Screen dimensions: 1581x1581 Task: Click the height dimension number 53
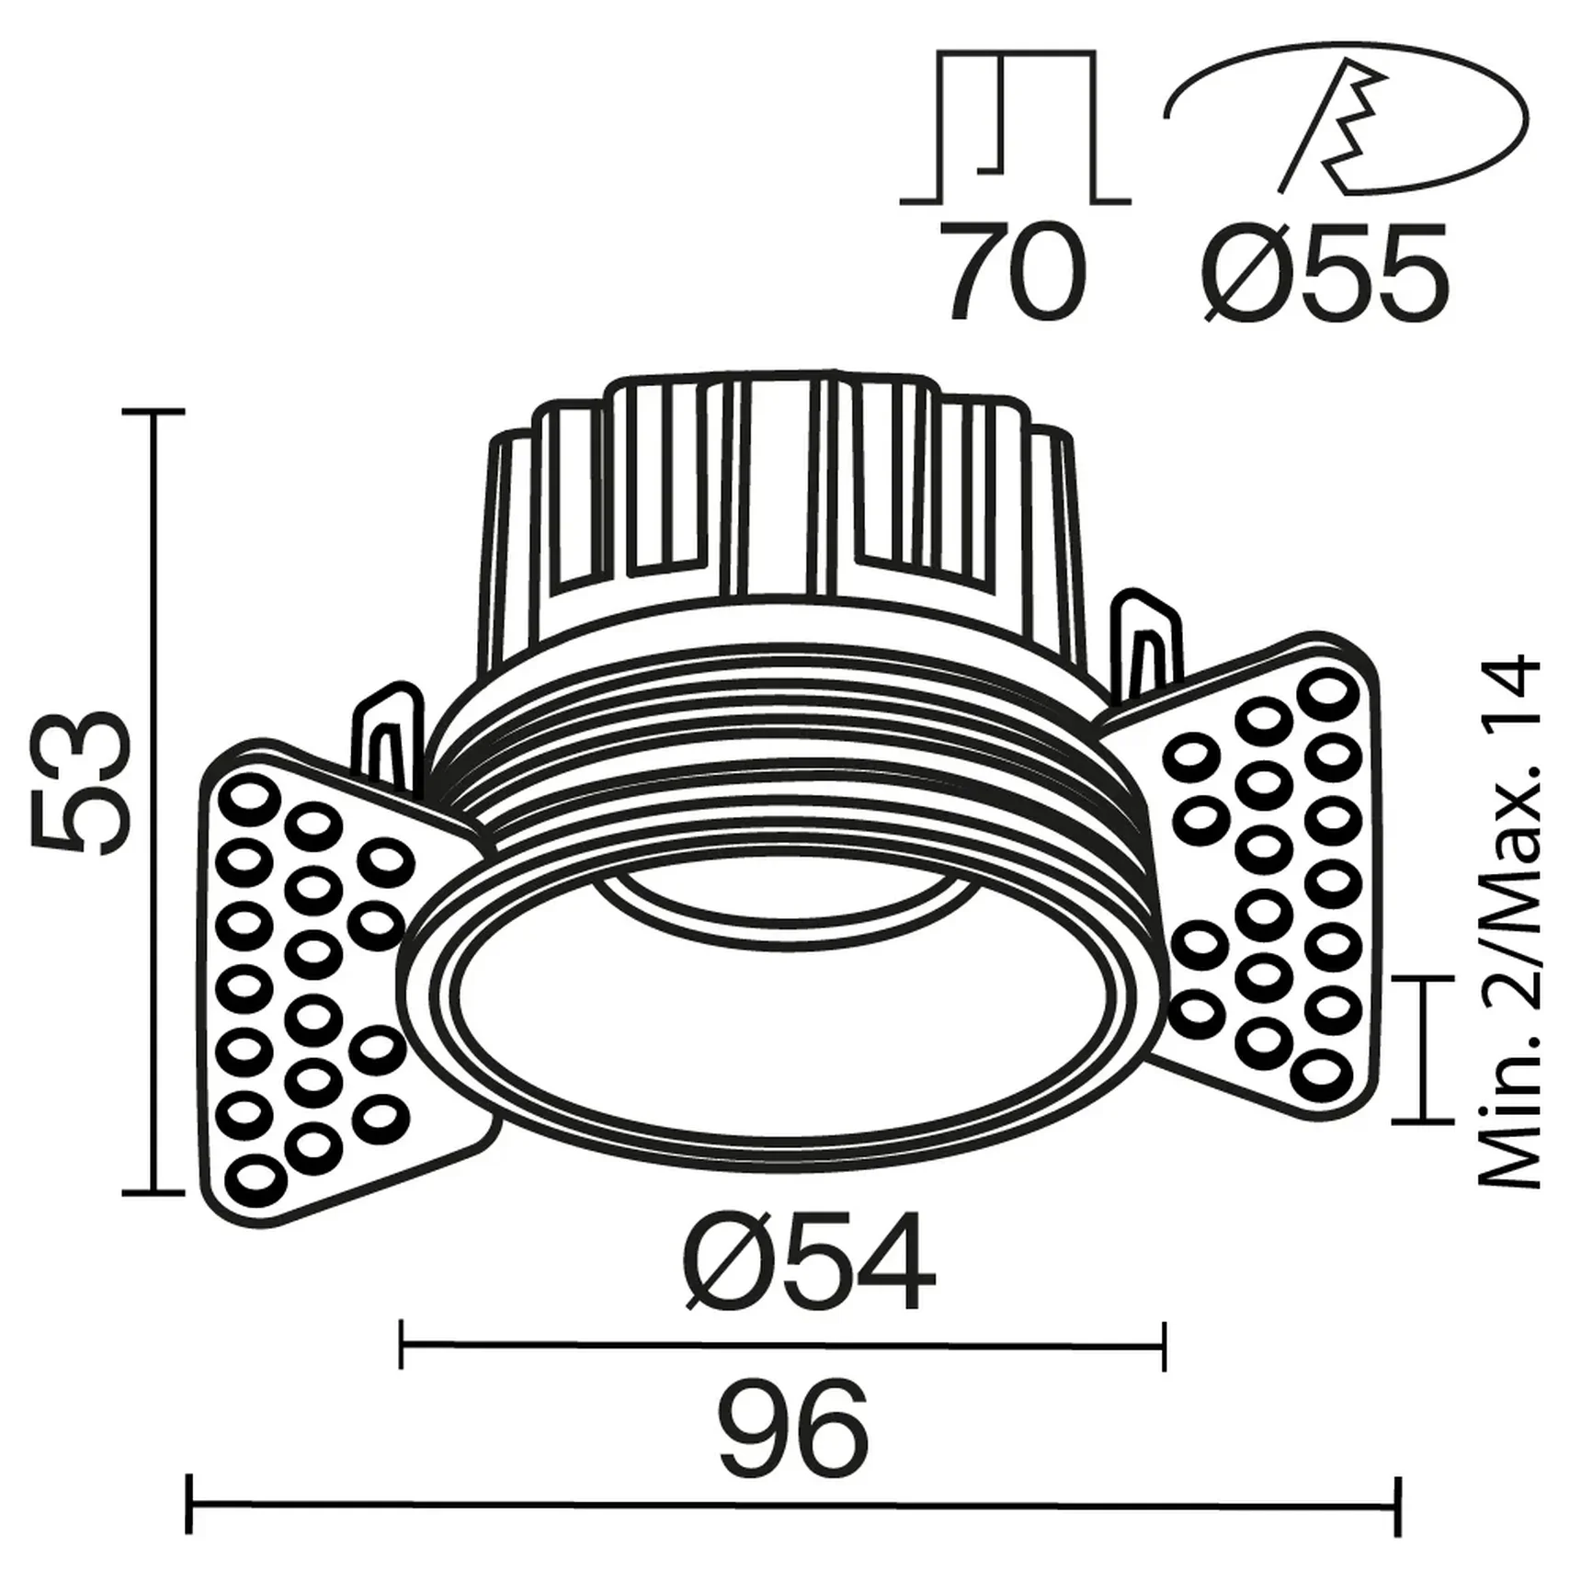[x=78, y=783]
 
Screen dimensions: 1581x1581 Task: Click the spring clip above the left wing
[x=391, y=735]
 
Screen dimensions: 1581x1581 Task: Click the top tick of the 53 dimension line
[x=154, y=412]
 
